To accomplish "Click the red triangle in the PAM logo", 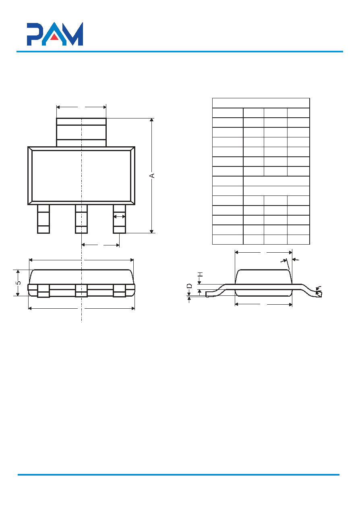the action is click(x=54, y=37).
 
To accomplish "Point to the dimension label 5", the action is click(x=18, y=283).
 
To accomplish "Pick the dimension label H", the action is click(x=200, y=274).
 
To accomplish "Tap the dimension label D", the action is click(x=189, y=286).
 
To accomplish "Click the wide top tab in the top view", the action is click(x=81, y=132).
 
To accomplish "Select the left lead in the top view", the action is click(x=43, y=219).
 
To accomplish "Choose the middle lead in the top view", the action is click(x=81, y=219).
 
